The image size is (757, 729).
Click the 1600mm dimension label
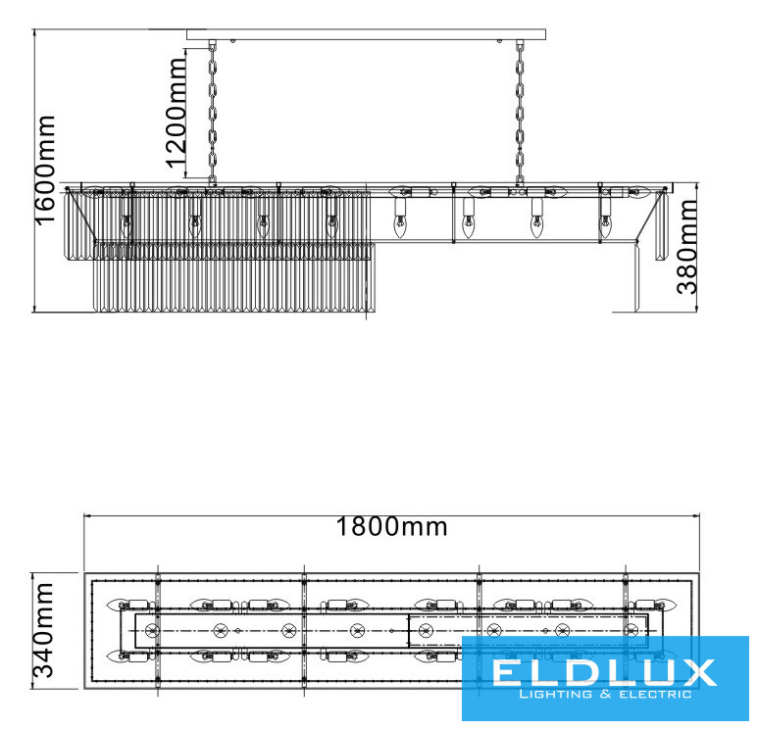44,170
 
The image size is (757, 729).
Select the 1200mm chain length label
176,113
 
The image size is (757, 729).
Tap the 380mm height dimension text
687,247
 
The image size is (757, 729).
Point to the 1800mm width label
391,526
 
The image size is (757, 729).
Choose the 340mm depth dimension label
42,630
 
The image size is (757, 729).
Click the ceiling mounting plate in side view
366,34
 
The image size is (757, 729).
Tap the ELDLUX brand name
603,673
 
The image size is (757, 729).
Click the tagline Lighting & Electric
604,695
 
